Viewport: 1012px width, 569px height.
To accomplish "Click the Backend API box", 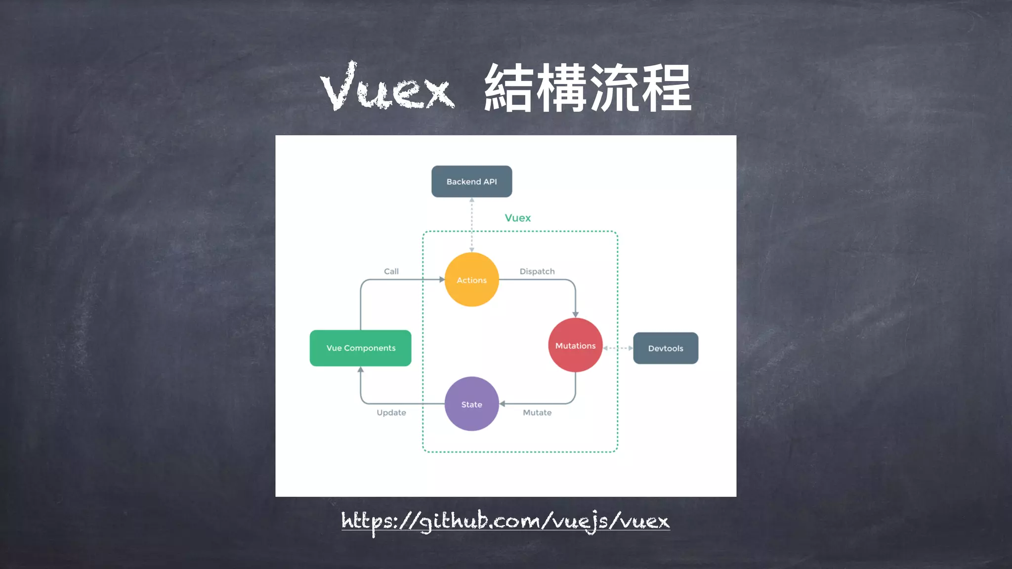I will [471, 181].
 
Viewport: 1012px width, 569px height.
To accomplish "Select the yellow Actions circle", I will [471, 280].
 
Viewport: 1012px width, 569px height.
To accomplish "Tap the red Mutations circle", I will [575, 345].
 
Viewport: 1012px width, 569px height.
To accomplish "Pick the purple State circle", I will [471, 404].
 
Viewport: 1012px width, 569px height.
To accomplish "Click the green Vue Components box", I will [361, 348].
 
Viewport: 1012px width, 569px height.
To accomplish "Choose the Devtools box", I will [666, 348].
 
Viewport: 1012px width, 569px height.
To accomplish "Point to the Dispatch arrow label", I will [537, 271].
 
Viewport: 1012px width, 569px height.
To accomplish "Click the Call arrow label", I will [391, 271].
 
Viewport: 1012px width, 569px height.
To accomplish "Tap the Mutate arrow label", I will [537, 412].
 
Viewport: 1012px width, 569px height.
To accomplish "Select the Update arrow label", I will [391, 412].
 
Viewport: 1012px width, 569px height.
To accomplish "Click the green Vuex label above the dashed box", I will [517, 218].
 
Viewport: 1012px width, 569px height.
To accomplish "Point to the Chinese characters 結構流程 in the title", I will [588, 88].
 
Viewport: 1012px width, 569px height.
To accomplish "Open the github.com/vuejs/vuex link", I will [506, 521].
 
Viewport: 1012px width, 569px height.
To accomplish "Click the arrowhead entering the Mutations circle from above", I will [575, 314].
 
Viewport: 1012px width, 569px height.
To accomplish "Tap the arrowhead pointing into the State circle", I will [503, 404].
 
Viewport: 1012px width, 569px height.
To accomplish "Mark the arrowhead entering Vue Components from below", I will [361, 370].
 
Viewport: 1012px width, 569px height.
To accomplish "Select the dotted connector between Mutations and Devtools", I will [618, 348].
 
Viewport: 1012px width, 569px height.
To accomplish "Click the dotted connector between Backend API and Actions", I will [472, 225].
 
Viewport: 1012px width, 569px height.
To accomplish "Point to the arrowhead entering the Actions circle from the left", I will [442, 280].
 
